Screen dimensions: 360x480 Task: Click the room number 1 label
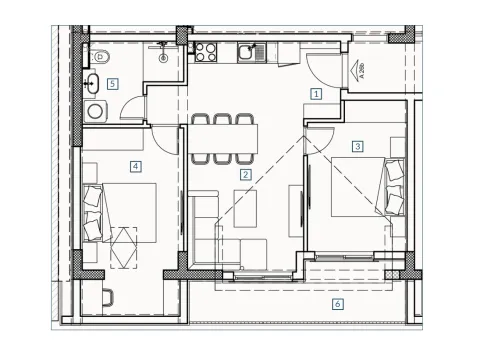(316, 95)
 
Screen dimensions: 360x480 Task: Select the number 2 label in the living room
(244, 175)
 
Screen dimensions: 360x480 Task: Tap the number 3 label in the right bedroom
(357, 146)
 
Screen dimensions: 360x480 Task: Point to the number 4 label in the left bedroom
(134, 166)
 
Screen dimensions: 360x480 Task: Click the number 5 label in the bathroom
(113, 84)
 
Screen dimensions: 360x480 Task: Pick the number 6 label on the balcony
(338, 303)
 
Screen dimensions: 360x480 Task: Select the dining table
(223, 138)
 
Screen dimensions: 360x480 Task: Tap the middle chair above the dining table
(222, 120)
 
